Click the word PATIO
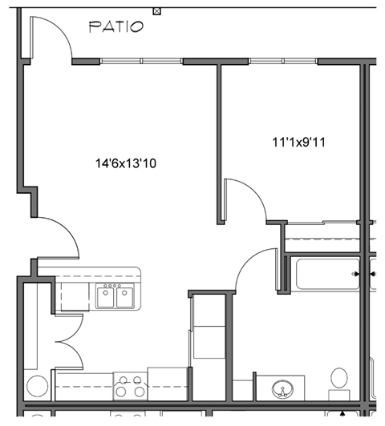116,27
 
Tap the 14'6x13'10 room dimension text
125,163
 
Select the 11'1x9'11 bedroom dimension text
302,143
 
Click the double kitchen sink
114,298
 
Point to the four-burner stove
130,387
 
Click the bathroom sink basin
282,390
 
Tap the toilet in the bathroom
339,382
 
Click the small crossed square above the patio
157,10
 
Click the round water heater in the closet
37,386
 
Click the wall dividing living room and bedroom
219,144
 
